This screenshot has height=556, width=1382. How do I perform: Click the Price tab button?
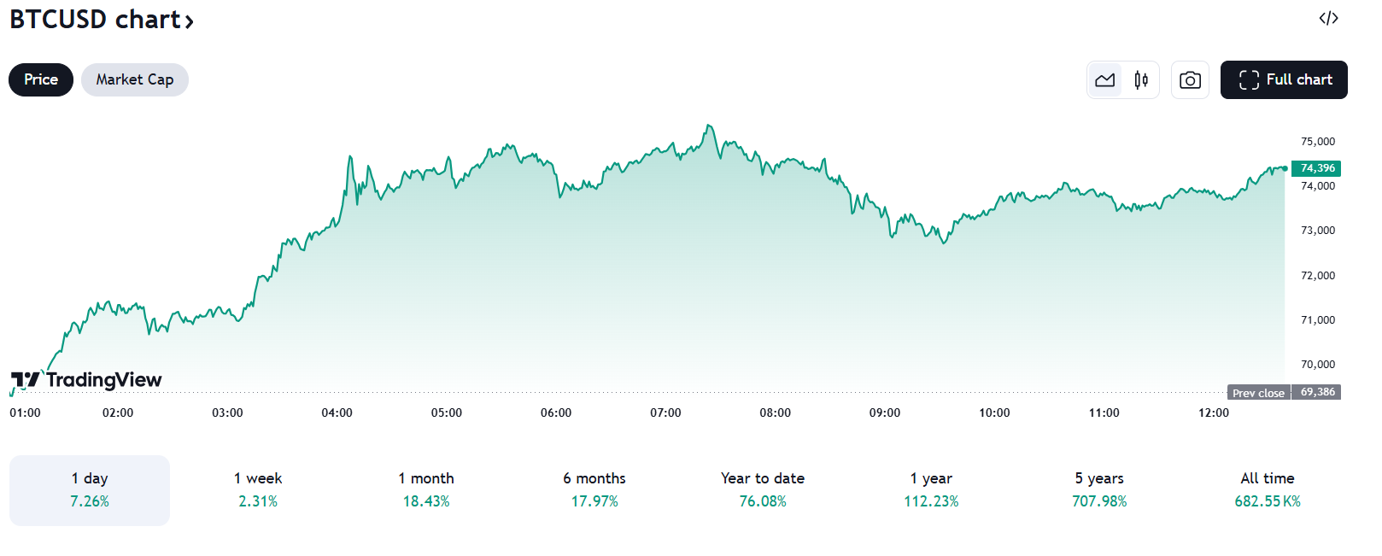click(x=41, y=79)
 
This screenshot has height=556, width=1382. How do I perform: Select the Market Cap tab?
click(x=135, y=79)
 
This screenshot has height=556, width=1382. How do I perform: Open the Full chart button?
click(x=1284, y=79)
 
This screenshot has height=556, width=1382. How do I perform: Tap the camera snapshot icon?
click(x=1190, y=80)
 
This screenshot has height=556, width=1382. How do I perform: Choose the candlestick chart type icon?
click(x=1141, y=80)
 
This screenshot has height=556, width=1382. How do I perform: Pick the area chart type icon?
click(x=1105, y=80)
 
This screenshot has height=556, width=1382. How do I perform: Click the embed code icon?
click(x=1328, y=18)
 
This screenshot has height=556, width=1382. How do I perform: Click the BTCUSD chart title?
click(x=101, y=19)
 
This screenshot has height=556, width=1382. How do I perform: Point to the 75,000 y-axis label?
click(x=1317, y=142)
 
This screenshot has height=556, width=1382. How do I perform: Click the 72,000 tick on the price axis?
click(x=1317, y=276)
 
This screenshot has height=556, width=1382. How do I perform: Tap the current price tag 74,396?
click(x=1316, y=168)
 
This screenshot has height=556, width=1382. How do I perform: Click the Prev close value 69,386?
click(x=1317, y=392)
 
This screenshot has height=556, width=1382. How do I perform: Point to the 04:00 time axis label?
click(x=337, y=413)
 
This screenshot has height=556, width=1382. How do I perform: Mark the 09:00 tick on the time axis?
click(x=885, y=413)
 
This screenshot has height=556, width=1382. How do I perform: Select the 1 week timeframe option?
click(x=258, y=489)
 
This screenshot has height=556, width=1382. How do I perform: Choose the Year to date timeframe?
click(x=763, y=489)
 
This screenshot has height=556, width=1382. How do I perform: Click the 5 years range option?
click(x=1099, y=489)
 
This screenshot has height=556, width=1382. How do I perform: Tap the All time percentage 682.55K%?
click(x=1268, y=501)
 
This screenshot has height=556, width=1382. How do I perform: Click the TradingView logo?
click(x=86, y=380)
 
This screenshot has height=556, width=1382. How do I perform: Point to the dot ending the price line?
click(x=1285, y=168)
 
